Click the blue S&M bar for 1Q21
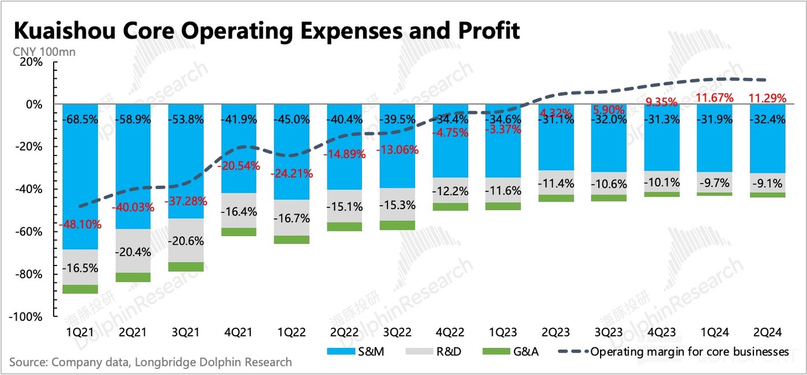(80, 173)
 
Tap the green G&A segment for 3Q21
(186, 267)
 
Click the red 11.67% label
(715, 98)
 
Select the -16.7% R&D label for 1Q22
(292, 218)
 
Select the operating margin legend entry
(674, 351)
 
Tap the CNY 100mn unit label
(43, 52)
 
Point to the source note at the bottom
(150, 362)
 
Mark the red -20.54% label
(239, 166)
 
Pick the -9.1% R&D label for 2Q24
(767, 183)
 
